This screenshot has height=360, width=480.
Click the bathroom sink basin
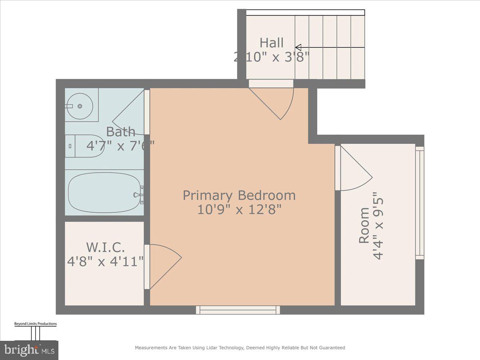[79, 106]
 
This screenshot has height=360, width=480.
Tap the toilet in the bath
[85, 146]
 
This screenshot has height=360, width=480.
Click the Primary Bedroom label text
[239, 196]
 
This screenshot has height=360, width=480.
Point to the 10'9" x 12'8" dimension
[239, 209]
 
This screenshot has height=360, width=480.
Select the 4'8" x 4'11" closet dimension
[106, 262]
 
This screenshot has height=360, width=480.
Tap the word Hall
[272, 42]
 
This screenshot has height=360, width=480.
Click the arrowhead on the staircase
[298, 47]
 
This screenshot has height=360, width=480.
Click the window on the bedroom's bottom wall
[238, 310]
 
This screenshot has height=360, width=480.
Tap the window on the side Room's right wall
[419, 203]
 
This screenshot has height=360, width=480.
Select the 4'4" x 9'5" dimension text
[378, 228]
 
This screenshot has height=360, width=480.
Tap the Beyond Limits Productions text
[36, 324]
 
